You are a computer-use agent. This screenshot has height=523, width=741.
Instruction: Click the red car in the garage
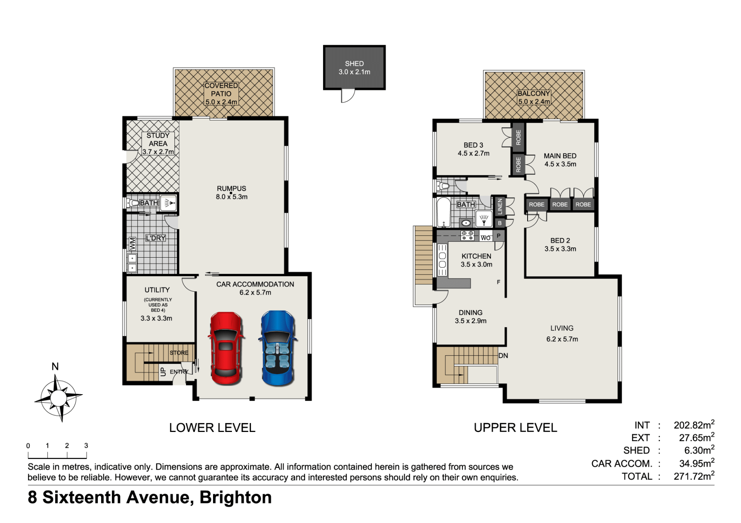(x=226, y=349)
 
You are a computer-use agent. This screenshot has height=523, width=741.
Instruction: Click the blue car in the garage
(x=278, y=348)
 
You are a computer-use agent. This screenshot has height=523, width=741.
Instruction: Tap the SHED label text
(x=354, y=64)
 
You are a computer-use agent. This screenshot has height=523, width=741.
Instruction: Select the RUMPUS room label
(x=232, y=188)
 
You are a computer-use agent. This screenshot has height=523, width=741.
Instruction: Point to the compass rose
(x=58, y=398)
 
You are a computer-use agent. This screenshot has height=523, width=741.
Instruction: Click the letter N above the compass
(x=55, y=366)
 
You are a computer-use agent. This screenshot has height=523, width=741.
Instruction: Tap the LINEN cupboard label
(x=500, y=206)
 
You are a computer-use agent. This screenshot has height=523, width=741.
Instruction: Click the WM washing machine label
(x=132, y=244)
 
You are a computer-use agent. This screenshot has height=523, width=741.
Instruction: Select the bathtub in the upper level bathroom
(x=443, y=212)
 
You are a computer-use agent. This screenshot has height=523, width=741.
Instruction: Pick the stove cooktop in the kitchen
(x=467, y=236)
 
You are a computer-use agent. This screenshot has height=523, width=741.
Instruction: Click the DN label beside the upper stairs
(x=503, y=356)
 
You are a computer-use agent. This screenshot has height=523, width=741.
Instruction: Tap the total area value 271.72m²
(x=694, y=476)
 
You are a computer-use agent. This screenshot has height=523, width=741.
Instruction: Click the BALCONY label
(x=534, y=93)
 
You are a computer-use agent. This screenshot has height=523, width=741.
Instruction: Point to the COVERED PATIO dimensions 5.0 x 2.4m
(x=221, y=102)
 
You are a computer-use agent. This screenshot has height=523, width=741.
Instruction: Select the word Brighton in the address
(x=235, y=498)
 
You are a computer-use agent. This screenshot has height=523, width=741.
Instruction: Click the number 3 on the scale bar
(x=86, y=445)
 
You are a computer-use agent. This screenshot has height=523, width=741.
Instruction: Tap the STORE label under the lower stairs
(x=179, y=353)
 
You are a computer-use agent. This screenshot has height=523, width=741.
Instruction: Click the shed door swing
(x=348, y=96)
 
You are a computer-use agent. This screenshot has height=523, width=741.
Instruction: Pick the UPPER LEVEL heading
(x=515, y=427)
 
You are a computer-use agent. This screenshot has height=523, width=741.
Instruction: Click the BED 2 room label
(x=560, y=240)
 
